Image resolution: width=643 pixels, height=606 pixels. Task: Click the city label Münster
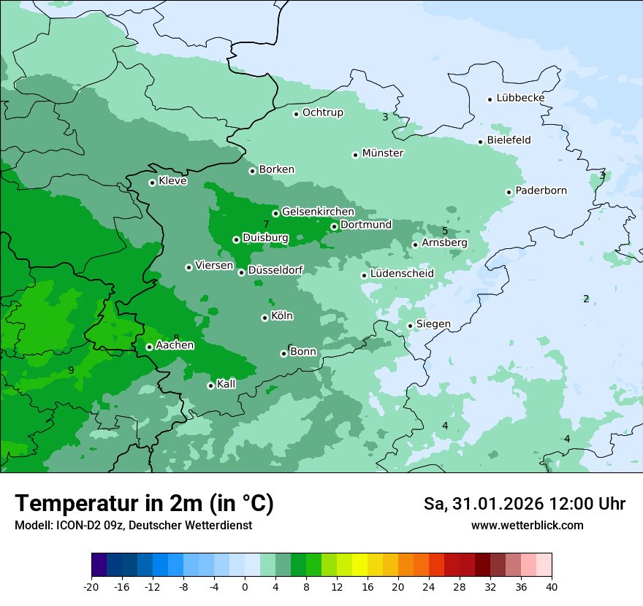tap(383, 153)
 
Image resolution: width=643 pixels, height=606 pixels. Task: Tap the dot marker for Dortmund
tap(334, 226)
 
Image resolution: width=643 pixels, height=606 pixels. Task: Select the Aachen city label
tap(175, 345)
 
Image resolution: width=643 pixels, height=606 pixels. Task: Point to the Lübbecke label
tap(520, 98)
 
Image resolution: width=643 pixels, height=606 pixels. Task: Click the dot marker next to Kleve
tap(152, 183)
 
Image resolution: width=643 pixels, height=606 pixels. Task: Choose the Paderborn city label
tap(541, 191)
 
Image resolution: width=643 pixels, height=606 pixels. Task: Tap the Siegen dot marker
tap(410, 326)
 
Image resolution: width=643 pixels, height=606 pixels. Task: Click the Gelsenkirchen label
tap(318, 212)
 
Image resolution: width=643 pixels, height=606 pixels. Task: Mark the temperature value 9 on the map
tap(71, 371)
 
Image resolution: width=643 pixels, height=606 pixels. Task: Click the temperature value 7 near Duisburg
tap(266, 224)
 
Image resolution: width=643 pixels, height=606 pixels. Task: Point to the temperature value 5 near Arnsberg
tap(445, 231)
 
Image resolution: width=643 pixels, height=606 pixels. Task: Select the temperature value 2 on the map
tap(586, 299)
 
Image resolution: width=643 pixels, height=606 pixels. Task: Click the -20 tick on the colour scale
tap(91, 586)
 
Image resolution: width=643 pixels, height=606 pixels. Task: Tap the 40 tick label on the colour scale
tap(551, 586)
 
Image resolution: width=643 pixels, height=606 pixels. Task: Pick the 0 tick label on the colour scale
tap(244, 586)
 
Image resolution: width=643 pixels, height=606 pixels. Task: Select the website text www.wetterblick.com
tap(527, 525)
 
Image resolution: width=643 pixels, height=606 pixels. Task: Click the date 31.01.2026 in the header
tap(489, 504)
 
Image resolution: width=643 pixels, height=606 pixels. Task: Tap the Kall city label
tap(227, 384)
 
